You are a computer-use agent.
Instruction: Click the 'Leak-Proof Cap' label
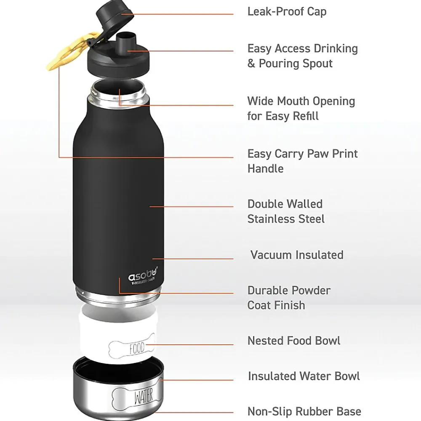pyautogui.click(x=287, y=11)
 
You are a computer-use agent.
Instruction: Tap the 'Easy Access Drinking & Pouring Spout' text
pyautogui.click(x=302, y=56)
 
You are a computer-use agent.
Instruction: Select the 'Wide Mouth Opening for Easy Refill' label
pyautogui.click(x=301, y=108)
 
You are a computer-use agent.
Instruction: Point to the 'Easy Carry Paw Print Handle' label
pyautogui.click(x=302, y=161)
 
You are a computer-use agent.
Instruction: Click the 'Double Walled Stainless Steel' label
pyautogui.click(x=286, y=211)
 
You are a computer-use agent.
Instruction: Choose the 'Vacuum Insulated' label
pyautogui.click(x=297, y=255)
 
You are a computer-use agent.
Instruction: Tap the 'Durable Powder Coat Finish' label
pyautogui.click(x=289, y=298)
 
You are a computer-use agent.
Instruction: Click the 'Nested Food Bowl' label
pyautogui.click(x=294, y=340)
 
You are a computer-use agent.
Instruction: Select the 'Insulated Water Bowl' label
pyautogui.click(x=304, y=376)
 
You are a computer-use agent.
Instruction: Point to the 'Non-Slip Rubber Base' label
pyautogui.click(x=304, y=411)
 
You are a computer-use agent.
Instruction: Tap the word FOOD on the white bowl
pyautogui.click(x=137, y=348)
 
